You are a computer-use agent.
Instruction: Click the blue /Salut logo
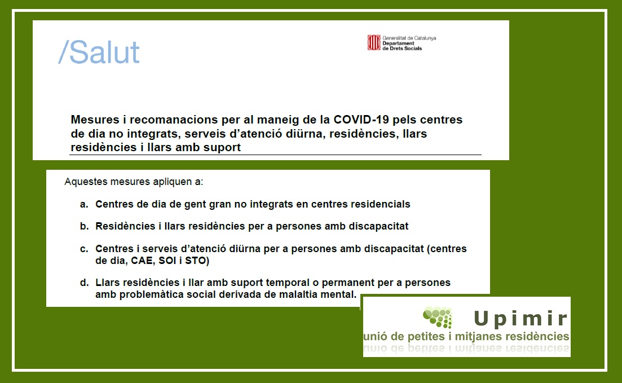pos(99,52)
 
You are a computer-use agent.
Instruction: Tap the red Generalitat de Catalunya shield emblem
pos(374,42)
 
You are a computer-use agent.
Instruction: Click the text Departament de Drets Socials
pos(402,46)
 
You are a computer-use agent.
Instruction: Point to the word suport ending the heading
pos(222,147)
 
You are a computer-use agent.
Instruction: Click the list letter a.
pos(83,204)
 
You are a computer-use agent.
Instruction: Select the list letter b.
pos(83,226)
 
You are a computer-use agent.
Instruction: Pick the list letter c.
pos(83,249)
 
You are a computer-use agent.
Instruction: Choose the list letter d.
pos(83,283)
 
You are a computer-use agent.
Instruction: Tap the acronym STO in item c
pos(197,261)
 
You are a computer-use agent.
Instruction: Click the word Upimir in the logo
pos(521,319)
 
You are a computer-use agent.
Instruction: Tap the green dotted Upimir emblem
pos(438,316)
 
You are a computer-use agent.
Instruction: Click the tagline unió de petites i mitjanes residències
pos(466,337)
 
